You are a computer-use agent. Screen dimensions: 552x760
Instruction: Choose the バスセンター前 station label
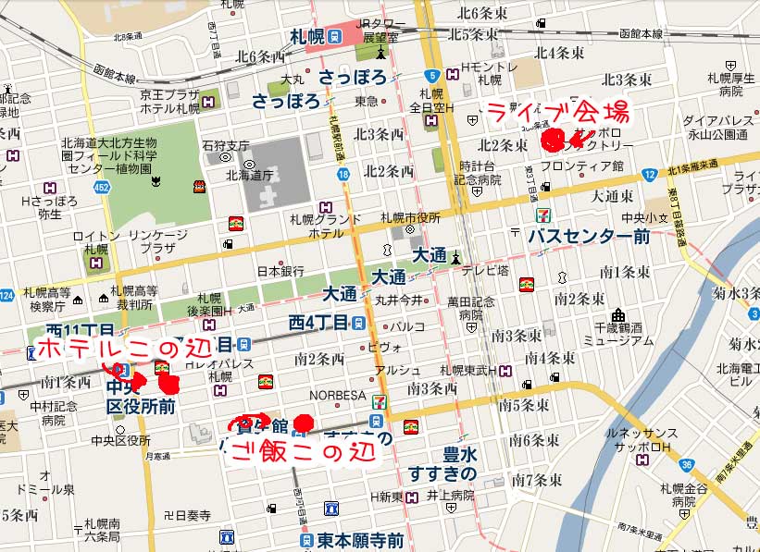589,236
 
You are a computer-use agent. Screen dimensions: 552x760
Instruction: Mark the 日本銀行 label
280,272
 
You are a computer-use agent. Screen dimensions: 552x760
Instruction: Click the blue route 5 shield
430,76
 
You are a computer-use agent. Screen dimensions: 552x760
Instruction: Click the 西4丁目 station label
318,323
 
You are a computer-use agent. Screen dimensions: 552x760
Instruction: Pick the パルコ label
406,326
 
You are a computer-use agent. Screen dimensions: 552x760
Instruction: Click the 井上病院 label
450,497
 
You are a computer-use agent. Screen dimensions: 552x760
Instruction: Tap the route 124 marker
6,296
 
